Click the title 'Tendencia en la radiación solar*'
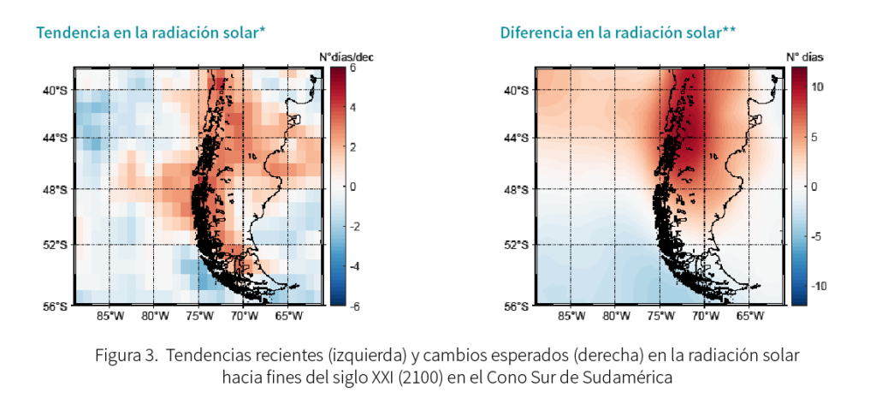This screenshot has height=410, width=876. (151, 33)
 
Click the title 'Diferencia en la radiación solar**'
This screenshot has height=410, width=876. (618, 33)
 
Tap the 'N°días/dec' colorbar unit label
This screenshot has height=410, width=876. (346, 56)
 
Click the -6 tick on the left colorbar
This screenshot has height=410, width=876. (351, 306)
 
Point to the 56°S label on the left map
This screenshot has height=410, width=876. (56, 306)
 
